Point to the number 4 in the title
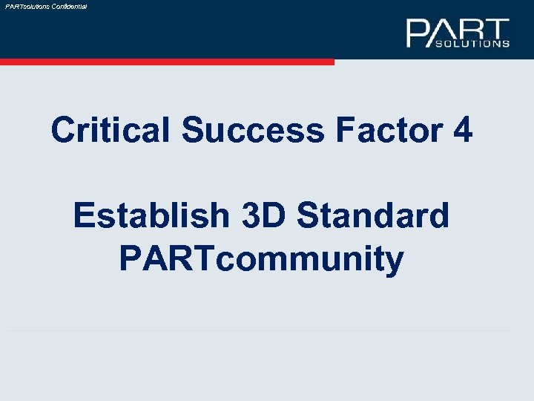point(461,131)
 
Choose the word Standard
point(372,216)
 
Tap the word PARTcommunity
point(261,259)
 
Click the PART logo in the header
point(458,33)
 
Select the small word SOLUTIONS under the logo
point(471,43)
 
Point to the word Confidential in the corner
point(69,6)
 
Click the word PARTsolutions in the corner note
point(27,6)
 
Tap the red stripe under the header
point(167,62)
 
